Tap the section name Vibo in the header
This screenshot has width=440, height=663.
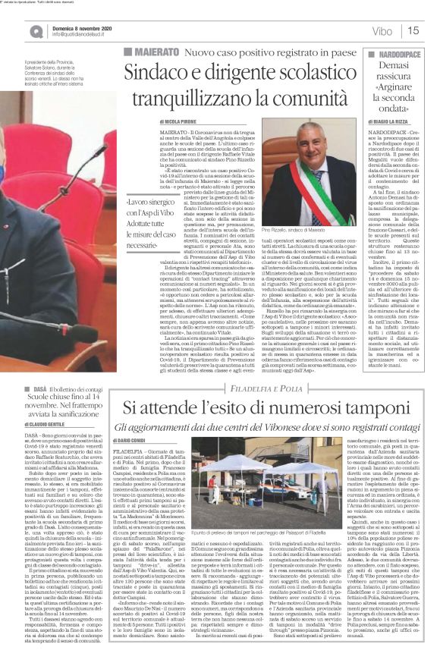382,30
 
